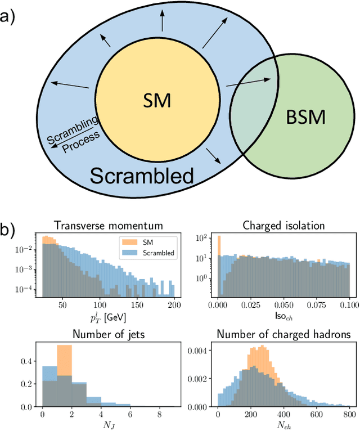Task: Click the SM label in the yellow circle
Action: click(x=157, y=101)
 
